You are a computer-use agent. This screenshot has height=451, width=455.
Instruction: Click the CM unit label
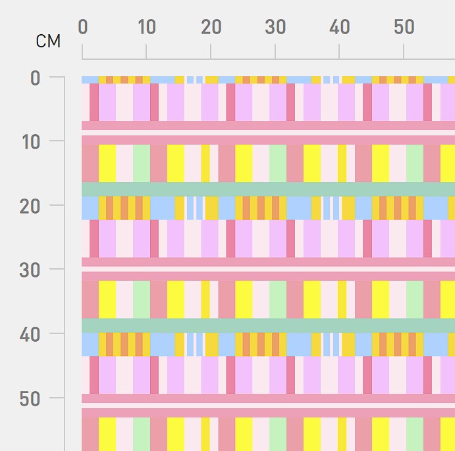(48, 41)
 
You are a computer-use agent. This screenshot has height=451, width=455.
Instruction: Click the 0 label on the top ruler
(83, 27)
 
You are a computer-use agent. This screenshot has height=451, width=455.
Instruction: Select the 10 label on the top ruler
(147, 27)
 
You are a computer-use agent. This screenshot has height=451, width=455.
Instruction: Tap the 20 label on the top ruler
(211, 27)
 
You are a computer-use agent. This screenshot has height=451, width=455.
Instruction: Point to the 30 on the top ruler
(275, 27)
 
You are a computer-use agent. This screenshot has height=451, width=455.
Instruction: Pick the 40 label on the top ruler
(340, 27)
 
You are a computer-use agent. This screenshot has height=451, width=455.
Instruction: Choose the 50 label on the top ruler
(404, 27)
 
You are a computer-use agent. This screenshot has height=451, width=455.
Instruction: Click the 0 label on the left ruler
(35, 78)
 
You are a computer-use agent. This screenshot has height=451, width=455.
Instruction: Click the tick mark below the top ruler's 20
(211, 51)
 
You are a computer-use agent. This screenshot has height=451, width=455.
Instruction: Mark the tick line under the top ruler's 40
(339, 51)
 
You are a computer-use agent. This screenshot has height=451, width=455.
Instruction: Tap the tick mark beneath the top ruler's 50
(404, 51)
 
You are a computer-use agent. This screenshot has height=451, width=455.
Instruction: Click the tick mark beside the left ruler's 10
(57, 141)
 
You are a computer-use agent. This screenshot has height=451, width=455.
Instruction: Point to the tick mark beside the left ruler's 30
(57, 269)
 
